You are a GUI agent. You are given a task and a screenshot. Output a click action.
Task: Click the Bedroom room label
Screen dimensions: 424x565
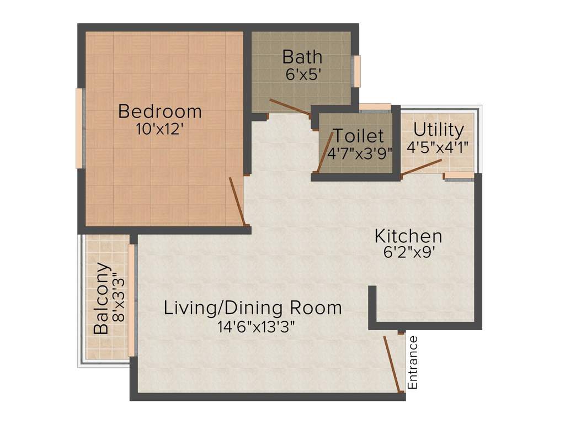[x=160, y=112]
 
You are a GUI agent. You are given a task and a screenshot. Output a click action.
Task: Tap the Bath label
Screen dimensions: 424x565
[x=302, y=57]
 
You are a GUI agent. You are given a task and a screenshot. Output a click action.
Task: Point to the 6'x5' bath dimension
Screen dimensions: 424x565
[x=302, y=74]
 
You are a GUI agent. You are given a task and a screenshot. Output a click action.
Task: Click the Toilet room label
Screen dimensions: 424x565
[x=358, y=136]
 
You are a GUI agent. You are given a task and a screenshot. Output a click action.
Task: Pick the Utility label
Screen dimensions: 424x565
[x=439, y=130]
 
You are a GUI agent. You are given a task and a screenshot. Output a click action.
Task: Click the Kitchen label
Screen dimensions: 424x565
[x=408, y=236]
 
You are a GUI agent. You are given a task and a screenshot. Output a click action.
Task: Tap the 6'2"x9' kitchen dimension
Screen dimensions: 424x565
[x=408, y=253]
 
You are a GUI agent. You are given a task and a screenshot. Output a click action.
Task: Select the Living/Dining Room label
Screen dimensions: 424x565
[x=253, y=308]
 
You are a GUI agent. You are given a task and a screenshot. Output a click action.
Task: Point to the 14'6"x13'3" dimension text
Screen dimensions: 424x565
[x=253, y=326]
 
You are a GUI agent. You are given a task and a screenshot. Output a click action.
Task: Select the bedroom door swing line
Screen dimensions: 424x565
[x=237, y=202]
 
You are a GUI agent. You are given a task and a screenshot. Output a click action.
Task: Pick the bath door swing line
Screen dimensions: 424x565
[x=290, y=107]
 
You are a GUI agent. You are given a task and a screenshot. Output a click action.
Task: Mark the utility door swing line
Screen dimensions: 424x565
[x=421, y=168]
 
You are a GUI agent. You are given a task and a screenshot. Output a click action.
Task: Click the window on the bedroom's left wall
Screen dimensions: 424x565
[x=79, y=128]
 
